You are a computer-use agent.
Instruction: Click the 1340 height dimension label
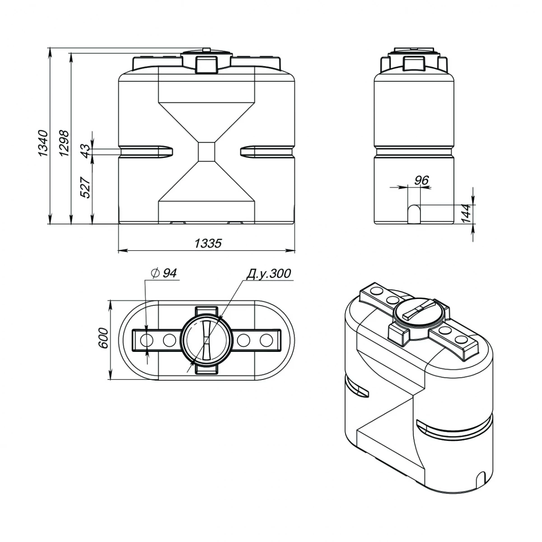(43, 144)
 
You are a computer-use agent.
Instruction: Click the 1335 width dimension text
(208, 243)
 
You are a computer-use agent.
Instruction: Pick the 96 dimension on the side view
(421, 181)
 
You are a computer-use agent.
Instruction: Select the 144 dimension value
(467, 213)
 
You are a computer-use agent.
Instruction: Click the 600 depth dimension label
(103, 338)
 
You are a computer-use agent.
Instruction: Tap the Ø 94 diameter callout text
(164, 273)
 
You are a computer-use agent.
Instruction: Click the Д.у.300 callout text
(269, 274)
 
